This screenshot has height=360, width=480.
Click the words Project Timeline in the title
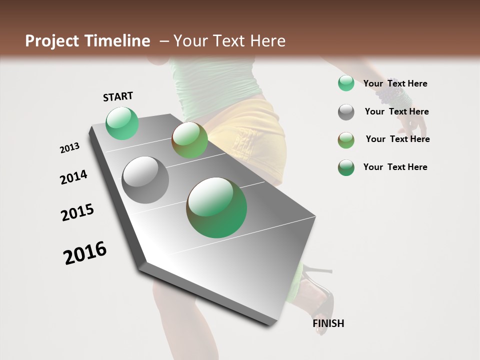(x=87, y=41)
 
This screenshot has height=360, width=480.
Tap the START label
(x=118, y=96)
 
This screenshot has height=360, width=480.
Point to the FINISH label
(x=328, y=323)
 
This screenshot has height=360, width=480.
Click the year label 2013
(x=70, y=148)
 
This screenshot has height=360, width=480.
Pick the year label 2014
(x=73, y=177)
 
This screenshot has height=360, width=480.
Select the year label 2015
(x=77, y=212)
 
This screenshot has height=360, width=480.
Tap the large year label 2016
(x=85, y=253)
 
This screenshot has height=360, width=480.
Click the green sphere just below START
(x=122, y=123)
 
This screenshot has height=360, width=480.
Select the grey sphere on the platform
(x=145, y=180)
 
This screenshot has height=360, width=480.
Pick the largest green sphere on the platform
(x=216, y=207)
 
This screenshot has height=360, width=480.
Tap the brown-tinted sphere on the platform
(x=189, y=140)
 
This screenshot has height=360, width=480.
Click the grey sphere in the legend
(x=346, y=112)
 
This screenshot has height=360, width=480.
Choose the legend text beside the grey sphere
(x=396, y=111)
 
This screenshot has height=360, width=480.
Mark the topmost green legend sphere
(x=346, y=83)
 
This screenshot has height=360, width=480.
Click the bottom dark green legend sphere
(x=346, y=167)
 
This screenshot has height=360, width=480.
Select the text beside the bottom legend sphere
(x=395, y=167)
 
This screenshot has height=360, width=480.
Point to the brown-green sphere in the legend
(x=346, y=140)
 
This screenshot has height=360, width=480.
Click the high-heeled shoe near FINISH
(x=317, y=292)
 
